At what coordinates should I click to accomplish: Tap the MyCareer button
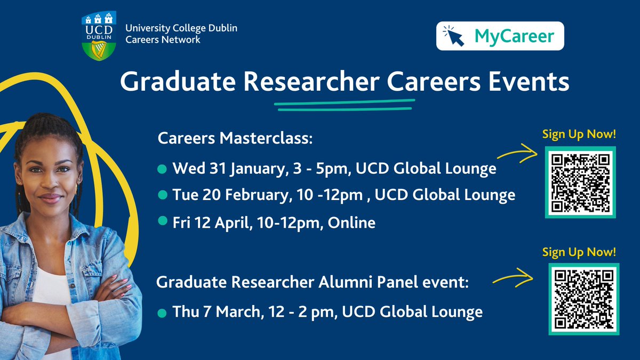(500, 36)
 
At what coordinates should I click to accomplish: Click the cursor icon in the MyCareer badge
(454, 36)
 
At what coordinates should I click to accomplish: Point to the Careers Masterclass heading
(235, 139)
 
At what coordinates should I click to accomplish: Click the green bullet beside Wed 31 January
(162, 170)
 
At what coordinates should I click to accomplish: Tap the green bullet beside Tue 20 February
(162, 195)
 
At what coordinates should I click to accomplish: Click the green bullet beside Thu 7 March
(162, 313)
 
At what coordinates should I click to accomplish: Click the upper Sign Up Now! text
(579, 134)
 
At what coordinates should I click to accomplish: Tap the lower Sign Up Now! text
(579, 252)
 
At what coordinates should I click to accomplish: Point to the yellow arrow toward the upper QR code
(517, 155)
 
